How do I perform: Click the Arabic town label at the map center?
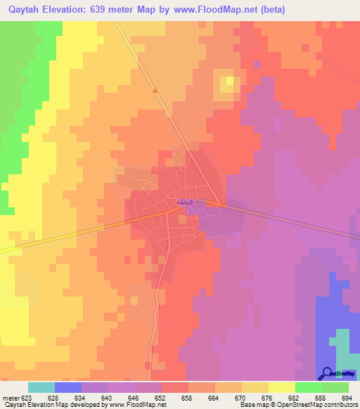(182, 202)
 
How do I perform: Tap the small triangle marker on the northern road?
(155, 90)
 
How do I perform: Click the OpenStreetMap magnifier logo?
(327, 374)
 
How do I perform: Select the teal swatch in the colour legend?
(41, 387)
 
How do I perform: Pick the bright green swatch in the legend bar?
(308, 387)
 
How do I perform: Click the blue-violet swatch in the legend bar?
(68, 387)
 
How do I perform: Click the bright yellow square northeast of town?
(228, 84)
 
